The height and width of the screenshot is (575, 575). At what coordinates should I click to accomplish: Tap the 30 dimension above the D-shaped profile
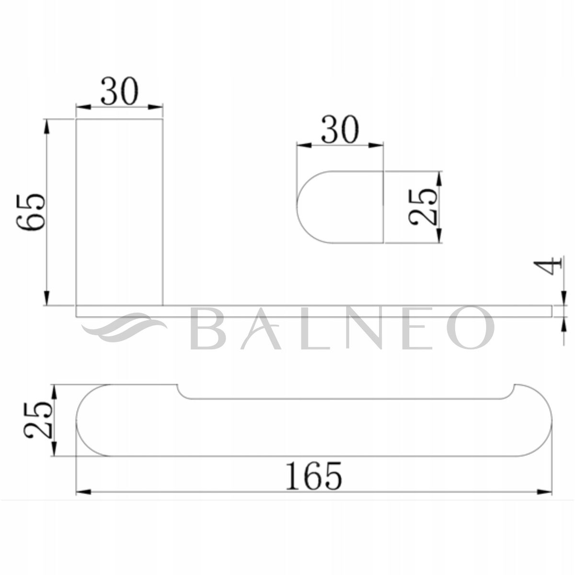click(340, 129)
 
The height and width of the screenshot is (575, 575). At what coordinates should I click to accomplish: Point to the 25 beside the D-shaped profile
click(424, 207)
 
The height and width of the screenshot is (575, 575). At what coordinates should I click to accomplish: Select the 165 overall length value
click(314, 476)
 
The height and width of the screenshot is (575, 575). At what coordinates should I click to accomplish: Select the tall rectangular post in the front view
click(119, 211)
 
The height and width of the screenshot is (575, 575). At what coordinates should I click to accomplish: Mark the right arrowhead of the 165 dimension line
click(546, 492)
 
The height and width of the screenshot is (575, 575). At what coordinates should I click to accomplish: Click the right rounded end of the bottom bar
click(537, 421)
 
